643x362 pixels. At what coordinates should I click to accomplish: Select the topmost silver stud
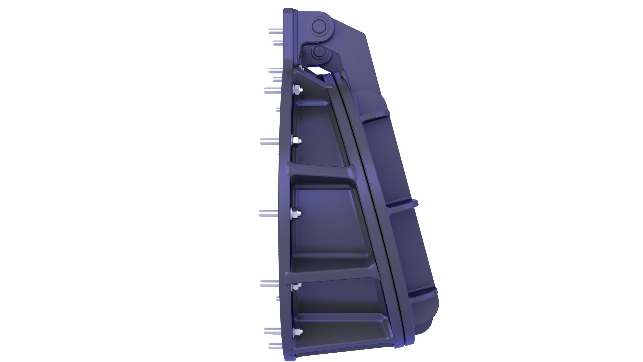click(275, 32)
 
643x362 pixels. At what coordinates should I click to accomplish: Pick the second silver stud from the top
click(278, 43)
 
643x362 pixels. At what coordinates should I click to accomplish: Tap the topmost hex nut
click(297, 90)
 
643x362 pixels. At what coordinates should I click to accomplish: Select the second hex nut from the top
click(296, 141)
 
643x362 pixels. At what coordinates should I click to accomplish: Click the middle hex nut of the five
click(296, 213)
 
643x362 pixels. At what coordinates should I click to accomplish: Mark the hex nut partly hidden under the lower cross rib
click(296, 287)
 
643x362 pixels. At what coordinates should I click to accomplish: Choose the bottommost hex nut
click(297, 332)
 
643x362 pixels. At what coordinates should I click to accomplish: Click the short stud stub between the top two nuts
click(278, 110)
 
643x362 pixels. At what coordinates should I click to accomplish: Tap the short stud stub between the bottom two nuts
click(278, 298)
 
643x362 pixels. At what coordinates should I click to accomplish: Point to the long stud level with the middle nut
click(268, 213)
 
